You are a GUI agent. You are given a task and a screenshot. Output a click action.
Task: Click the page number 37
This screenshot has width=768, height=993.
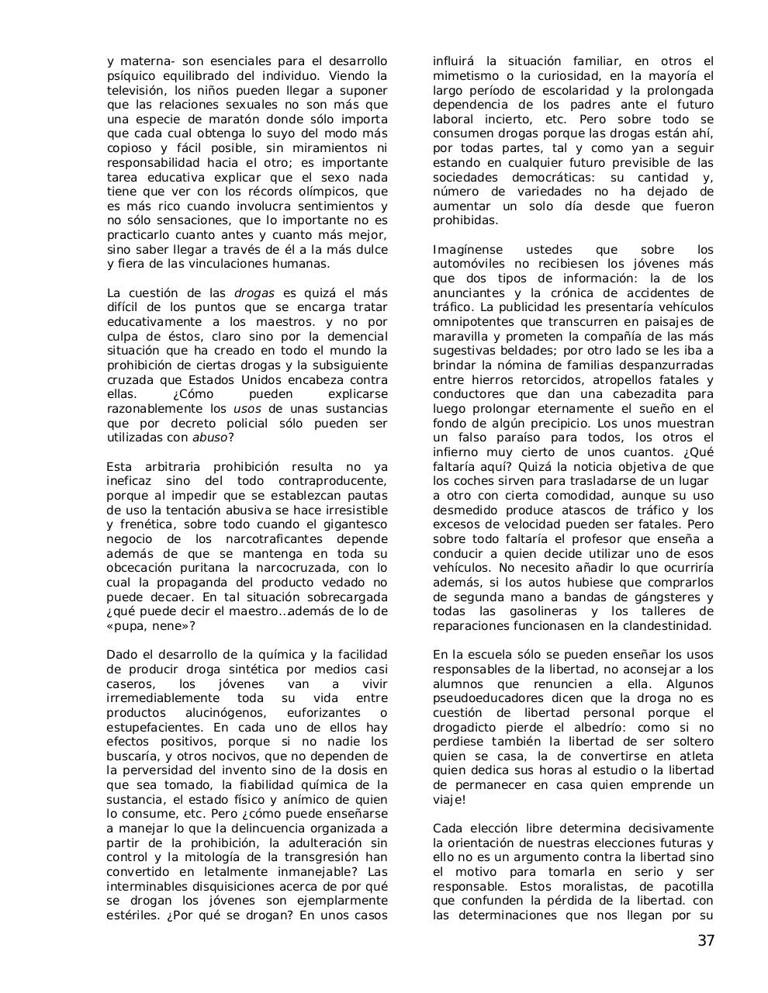[705, 941]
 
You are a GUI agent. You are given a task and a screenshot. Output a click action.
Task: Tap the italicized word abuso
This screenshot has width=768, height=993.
[209, 438]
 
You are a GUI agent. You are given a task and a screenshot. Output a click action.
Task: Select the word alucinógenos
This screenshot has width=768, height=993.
[226, 713]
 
